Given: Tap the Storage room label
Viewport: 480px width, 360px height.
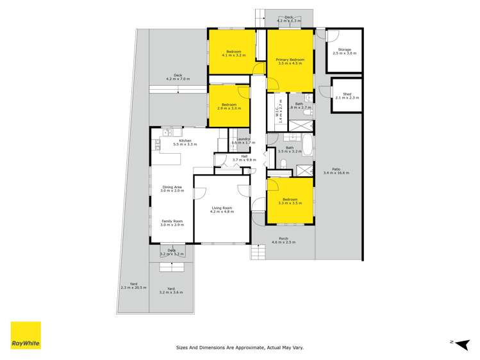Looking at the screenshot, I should point(344,51).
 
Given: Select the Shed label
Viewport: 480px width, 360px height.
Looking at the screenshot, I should point(347,95).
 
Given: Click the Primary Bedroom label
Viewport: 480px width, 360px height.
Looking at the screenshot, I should point(290,61).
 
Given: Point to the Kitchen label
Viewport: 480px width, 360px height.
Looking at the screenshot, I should point(185,142).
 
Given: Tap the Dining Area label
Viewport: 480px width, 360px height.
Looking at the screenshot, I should point(172,189).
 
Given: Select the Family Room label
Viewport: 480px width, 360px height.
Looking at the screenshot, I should point(172,223).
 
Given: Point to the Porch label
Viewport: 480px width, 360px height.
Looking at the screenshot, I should point(283,241).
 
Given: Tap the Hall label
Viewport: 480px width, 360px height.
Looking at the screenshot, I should point(244,158).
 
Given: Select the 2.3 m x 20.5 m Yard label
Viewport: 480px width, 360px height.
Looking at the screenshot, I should point(133,286).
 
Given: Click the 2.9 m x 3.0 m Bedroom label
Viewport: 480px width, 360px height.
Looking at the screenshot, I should point(229,106).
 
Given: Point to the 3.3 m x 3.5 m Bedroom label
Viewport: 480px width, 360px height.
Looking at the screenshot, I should point(289,200).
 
